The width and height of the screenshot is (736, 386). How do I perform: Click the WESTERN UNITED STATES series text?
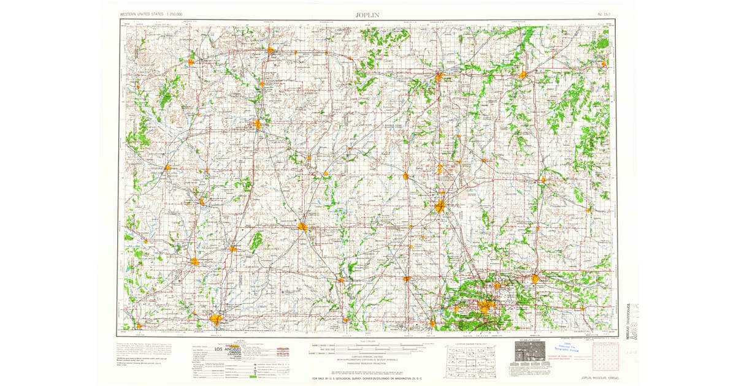[141, 13]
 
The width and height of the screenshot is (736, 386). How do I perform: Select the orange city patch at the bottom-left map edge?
[216, 319]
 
